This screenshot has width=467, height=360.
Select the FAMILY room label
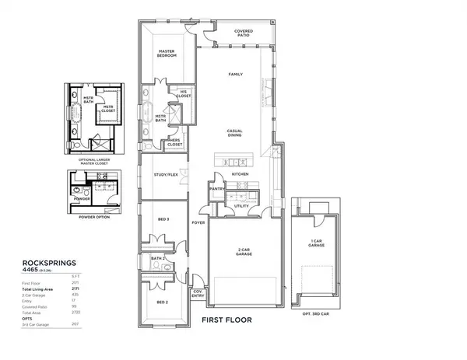(235, 75)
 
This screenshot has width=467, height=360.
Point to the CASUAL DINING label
(237, 133)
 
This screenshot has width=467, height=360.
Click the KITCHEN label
(239, 174)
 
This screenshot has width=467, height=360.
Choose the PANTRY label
(216, 189)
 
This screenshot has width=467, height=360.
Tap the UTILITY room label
(241, 206)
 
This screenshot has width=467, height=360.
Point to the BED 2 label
(162, 302)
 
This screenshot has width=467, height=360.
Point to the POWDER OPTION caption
(91, 218)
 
